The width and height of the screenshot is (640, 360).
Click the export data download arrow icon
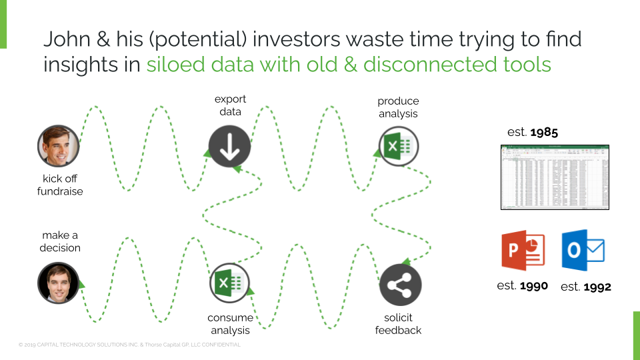[229, 146]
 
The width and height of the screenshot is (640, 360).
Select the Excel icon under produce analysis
[399, 146]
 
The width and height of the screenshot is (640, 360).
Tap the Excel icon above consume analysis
[229, 284]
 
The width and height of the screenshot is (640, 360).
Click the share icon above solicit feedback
[399, 285]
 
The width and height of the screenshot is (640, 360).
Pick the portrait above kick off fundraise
[59, 146]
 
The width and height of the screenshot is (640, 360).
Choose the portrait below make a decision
[59, 283]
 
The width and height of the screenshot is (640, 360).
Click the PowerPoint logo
[523, 251]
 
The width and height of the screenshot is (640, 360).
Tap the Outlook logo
[583, 251]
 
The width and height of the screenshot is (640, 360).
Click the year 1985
[544, 132]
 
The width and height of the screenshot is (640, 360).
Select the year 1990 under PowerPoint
[534, 286]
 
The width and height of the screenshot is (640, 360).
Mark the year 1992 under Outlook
[597, 287]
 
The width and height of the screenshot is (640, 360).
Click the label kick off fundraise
[61, 185]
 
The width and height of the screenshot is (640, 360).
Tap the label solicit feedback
[398, 324]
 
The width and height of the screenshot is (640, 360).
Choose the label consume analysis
[230, 324]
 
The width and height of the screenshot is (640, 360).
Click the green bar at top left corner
[3, 24]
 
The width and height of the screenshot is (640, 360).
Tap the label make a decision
[60, 241]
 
